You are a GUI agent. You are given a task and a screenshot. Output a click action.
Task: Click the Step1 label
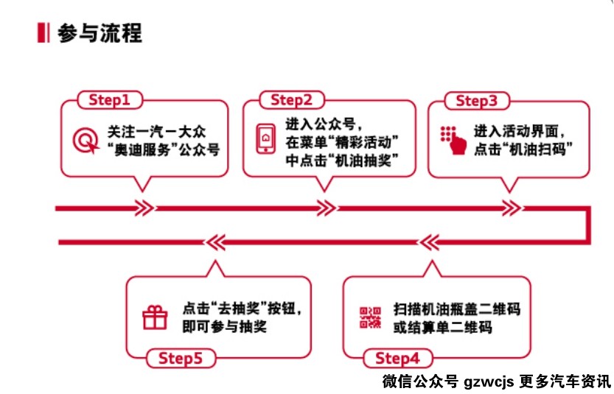pyautogui.click(x=109, y=99)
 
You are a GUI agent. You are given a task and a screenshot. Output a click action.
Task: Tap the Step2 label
pyautogui.click(x=291, y=99)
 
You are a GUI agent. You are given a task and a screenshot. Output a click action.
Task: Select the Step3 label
pyautogui.click(x=477, y=101)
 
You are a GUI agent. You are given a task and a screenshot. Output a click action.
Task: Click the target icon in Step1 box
pyautogui.click(x=86, y=140)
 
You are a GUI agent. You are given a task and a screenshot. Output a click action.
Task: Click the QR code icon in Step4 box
pyautogui.click(x=370, y=317)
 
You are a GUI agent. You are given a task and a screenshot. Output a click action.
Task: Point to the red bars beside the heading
pyautogui.click(x=43, y=33)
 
